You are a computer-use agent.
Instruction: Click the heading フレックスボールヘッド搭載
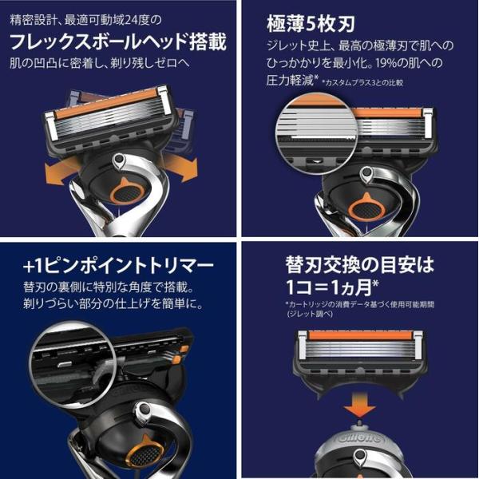pos(118,42)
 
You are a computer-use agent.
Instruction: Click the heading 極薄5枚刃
pos(311,24)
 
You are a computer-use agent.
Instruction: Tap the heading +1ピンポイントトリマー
pos(118,267)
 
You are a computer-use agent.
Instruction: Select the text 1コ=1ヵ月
pos(332,287)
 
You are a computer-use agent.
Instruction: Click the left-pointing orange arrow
pos(60,172)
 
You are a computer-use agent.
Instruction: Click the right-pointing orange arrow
pos(182,167)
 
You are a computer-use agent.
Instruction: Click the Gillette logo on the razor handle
pos(360,438)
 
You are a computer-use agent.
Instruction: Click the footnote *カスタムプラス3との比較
pos(362,82)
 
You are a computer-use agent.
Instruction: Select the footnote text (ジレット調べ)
pos(310,314)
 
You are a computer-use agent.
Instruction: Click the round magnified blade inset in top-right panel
pos(316,133)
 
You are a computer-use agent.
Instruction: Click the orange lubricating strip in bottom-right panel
pos(360,336)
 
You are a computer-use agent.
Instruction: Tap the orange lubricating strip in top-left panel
pos(107,103)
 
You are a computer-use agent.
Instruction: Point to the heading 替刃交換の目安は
pos(360,264)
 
